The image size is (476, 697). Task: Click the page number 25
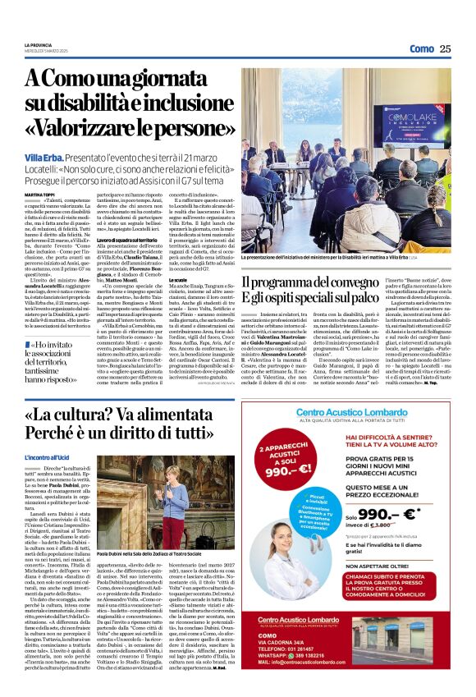point(446,48)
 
